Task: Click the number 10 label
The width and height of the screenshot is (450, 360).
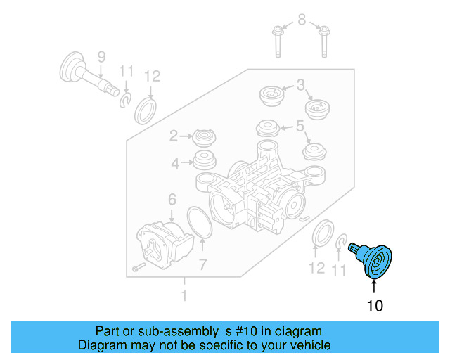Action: pos(374,305)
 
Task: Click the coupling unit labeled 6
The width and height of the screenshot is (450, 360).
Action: pos(165,242)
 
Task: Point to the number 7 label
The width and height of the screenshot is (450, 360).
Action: pos(202,265)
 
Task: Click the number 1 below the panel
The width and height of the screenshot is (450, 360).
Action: pos(184,296)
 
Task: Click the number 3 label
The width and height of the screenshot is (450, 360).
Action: pos(300,85)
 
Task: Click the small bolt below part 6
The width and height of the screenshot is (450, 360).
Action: pos(137,268)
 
